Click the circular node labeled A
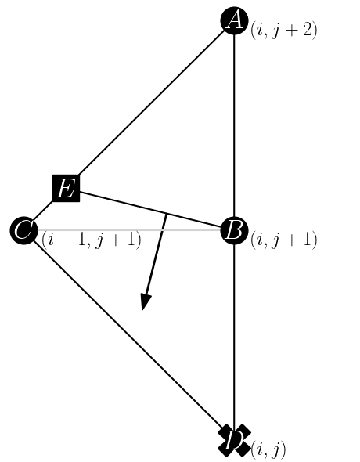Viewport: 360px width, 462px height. tap(234, 20)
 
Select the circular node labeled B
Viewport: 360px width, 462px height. tap(234, 231)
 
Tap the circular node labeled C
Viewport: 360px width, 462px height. tap(23, 231)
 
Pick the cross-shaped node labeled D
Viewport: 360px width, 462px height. tap(234, 441)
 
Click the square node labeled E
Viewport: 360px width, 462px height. tap(66, 188)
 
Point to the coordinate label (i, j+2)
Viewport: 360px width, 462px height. tap(283, 31)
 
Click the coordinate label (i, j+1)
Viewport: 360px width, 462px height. tap(283, 240)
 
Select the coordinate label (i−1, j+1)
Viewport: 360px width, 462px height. tap(92, 240)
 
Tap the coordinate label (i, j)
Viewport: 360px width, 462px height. tap(268, 450)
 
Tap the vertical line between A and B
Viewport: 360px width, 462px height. tap(234, 125)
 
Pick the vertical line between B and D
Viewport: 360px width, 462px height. tap(234, 337)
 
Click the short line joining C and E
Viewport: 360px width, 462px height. tap(44, 210)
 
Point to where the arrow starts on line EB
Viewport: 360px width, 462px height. tap(166, 214)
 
